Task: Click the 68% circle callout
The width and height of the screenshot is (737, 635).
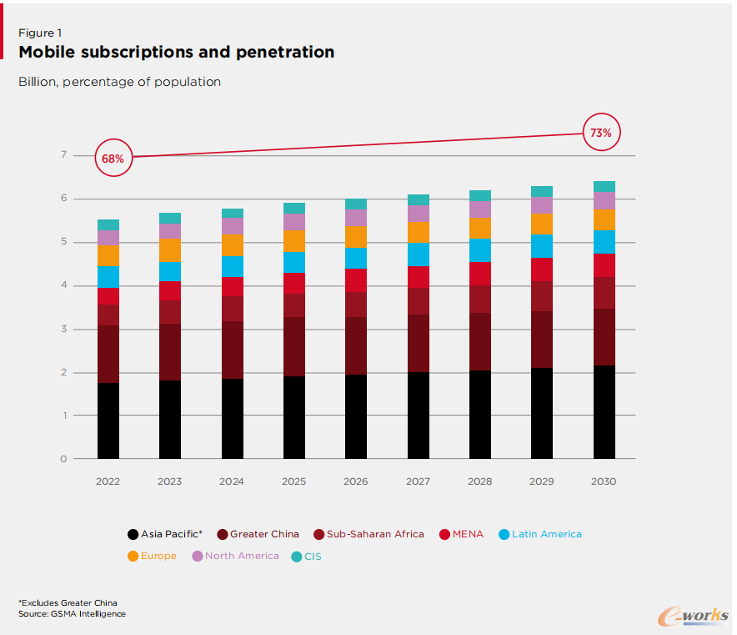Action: (x=113, y=158)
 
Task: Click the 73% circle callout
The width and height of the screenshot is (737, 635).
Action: (x=600, y=133)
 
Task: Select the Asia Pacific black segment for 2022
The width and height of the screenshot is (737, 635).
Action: (x=108, y=421)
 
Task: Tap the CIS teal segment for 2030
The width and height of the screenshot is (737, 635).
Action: (x=604, y=186)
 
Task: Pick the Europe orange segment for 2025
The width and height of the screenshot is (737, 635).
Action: (x=294, y=240)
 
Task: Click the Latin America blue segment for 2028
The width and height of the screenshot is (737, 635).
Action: (x=480, y=250)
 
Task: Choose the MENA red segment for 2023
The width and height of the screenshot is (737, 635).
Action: (x=170, y=291)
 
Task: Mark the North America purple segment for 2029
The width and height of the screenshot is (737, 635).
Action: (x=542, y=204)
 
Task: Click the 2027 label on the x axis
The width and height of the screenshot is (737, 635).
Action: (x=418, y=481)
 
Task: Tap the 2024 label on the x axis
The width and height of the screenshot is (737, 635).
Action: (x=232, y=481)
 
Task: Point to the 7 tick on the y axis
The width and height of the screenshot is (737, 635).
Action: (x=63, y=155)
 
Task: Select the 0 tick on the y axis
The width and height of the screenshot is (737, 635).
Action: (x=63, y=459)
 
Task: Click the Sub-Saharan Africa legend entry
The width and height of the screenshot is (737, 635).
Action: (x=368, y=534)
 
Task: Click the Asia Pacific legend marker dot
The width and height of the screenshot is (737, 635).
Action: (x=133, y=534)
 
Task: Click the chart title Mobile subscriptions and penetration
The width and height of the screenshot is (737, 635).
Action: (x=177, y=53)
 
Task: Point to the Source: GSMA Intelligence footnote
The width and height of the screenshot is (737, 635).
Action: (x=72, y=614)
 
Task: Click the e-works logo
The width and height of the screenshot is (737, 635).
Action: (x=692, y=616)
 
